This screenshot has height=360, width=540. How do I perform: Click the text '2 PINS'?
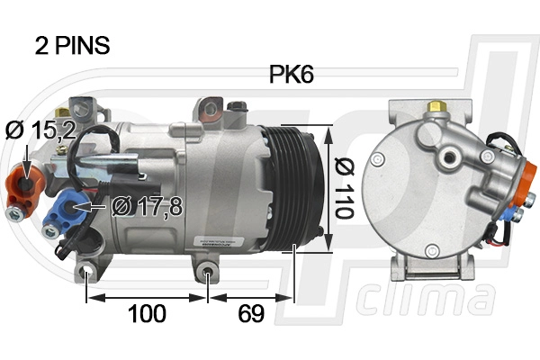[x=71, y=46]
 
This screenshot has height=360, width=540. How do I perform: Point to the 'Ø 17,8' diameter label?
[x=148, y=206]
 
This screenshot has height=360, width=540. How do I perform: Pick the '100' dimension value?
[x=147, y=313]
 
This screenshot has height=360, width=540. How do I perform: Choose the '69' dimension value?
[x=251, y=313]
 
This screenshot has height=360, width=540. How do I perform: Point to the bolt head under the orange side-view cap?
[x=14, y=214]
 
